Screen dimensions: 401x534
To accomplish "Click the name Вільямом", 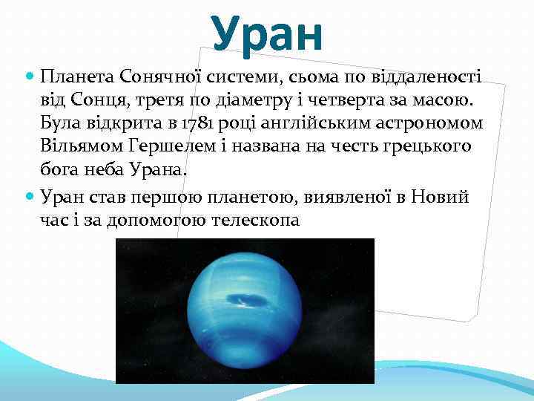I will [77, 147].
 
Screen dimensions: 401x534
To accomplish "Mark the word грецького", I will [428, 147].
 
